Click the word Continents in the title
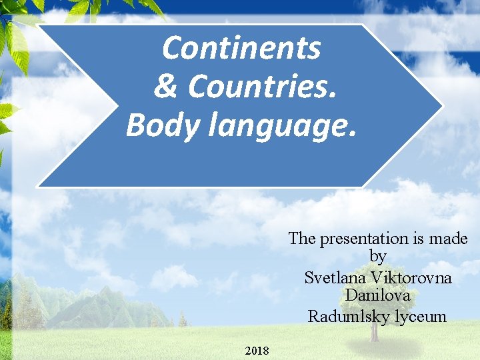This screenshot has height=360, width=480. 241,48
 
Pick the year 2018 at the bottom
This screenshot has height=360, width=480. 257,350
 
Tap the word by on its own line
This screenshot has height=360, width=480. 377,256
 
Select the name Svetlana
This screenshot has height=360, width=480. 335,277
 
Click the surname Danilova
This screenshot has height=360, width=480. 377,295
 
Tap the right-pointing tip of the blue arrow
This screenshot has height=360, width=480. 441,105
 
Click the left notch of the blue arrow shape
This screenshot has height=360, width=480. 114,105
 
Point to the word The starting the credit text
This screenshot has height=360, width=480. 303,238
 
